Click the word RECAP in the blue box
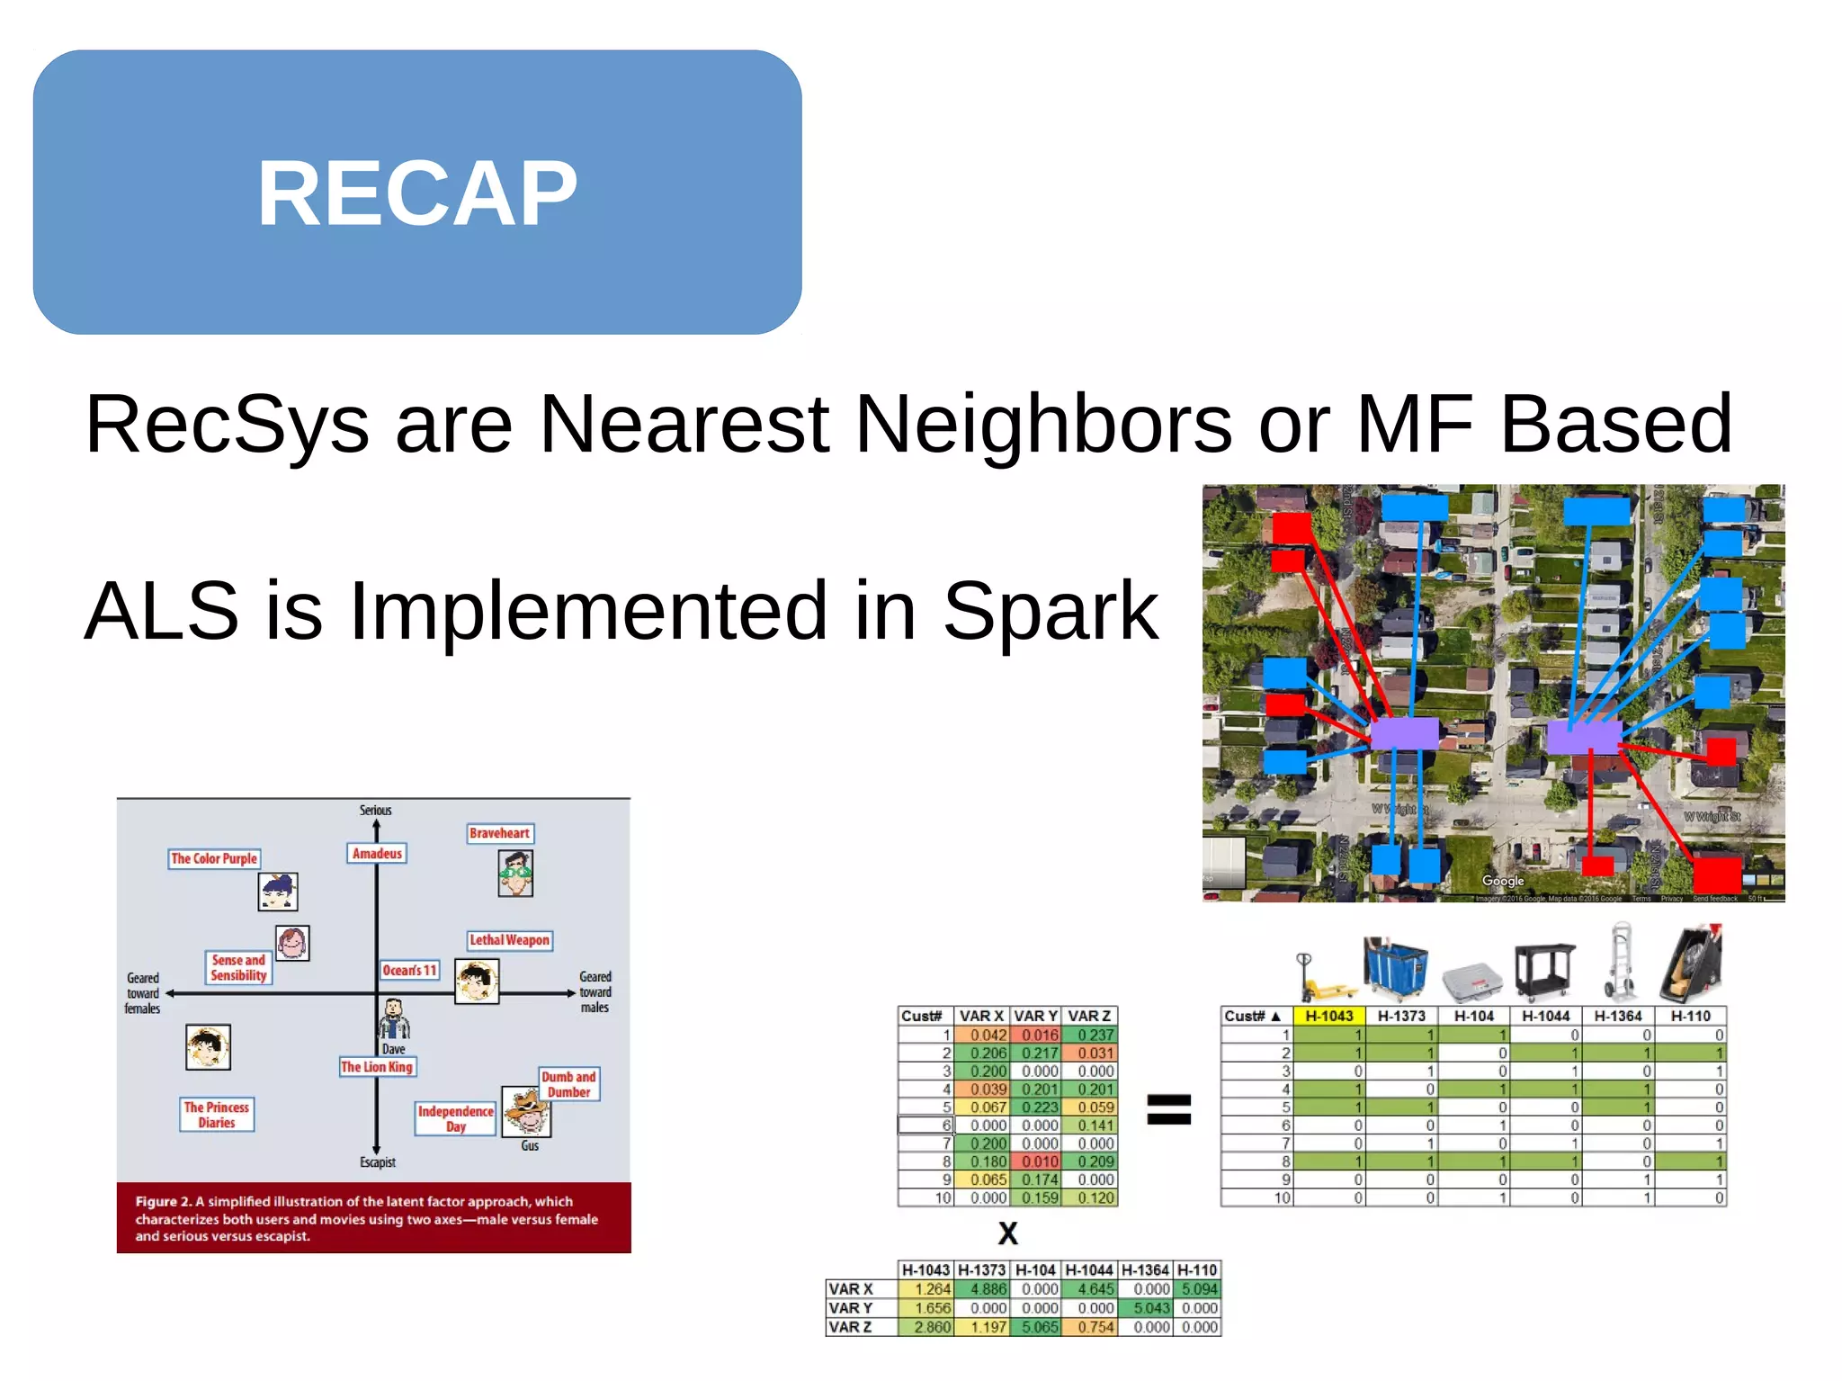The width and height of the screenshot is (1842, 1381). coord(417,193)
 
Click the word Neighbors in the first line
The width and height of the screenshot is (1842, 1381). coord(1043,424)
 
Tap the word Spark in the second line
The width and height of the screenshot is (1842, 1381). coord(1050,611)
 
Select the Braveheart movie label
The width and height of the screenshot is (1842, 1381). coord(500,833)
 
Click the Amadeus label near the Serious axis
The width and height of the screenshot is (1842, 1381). coord(377,853)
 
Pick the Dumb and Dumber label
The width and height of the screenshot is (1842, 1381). coord(568,1084)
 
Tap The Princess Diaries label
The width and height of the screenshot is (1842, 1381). coord(217,1115)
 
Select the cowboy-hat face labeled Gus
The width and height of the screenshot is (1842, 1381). coord(527,1112)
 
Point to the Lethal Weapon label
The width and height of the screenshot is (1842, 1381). coord(509,940)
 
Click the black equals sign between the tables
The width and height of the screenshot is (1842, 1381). coord(1168,1108)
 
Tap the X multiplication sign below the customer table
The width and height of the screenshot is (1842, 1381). coord(1008,1233)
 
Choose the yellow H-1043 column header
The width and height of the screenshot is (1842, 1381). coord(1329,1016)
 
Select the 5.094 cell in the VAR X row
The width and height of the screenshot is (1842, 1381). coord(1198,1289)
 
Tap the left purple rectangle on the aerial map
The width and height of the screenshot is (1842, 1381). coord(1405,734)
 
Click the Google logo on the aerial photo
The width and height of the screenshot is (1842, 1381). coord(1503,881)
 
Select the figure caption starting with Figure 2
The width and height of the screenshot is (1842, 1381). coord(366,1218)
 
